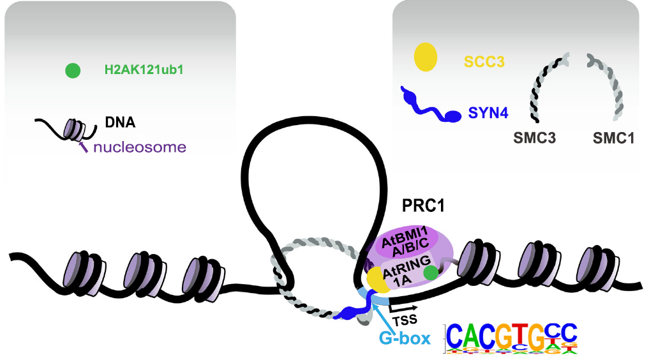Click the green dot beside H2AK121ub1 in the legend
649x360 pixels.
73,70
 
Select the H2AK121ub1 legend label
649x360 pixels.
144,70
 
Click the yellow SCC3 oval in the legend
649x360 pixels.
425,57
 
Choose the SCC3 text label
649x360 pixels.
484,61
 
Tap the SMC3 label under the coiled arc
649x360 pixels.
533,137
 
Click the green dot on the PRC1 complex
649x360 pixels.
432,273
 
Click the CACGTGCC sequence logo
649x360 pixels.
511,338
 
